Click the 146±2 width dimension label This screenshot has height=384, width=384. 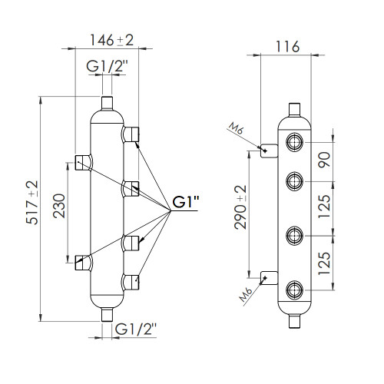tap(111, 40)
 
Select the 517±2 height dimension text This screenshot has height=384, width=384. tap(32, 203)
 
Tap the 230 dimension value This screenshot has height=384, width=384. tap(59, 206)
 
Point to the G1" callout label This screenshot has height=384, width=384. tap(186, 202)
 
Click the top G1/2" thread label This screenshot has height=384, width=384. tap(107, 66)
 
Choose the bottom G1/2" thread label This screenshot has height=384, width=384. tap(135, 329)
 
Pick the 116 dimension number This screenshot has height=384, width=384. tap(287, 47)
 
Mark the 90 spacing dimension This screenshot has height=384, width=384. tap(324, 160)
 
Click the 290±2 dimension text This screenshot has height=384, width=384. tap(240, 207)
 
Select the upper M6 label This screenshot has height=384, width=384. tap(236, 129)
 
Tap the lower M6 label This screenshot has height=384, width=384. tap(246, 294)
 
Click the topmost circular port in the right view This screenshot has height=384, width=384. tap(295, 142)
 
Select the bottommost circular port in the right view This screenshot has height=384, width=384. tap(295, 290)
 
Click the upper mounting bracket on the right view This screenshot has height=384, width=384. tap(269, 151)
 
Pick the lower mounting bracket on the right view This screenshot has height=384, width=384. tap(269, 278)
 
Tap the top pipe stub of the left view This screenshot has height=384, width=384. tap(107, 103)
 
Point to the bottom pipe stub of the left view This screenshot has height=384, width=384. tap(107, 315)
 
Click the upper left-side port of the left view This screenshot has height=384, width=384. tap(84, 162)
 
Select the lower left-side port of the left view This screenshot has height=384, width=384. tap(84, 263)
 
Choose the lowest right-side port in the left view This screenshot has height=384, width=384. tap(131, 282)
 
